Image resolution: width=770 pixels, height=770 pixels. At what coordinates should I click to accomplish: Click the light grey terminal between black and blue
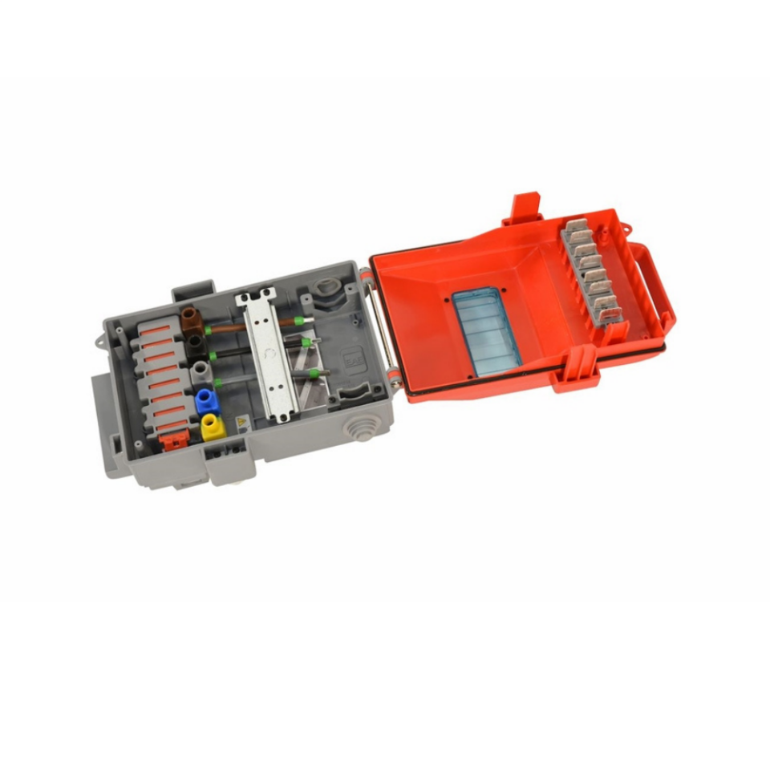tap(200, 371)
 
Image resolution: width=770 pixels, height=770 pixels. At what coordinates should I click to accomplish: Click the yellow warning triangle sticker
tap(241, 423)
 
